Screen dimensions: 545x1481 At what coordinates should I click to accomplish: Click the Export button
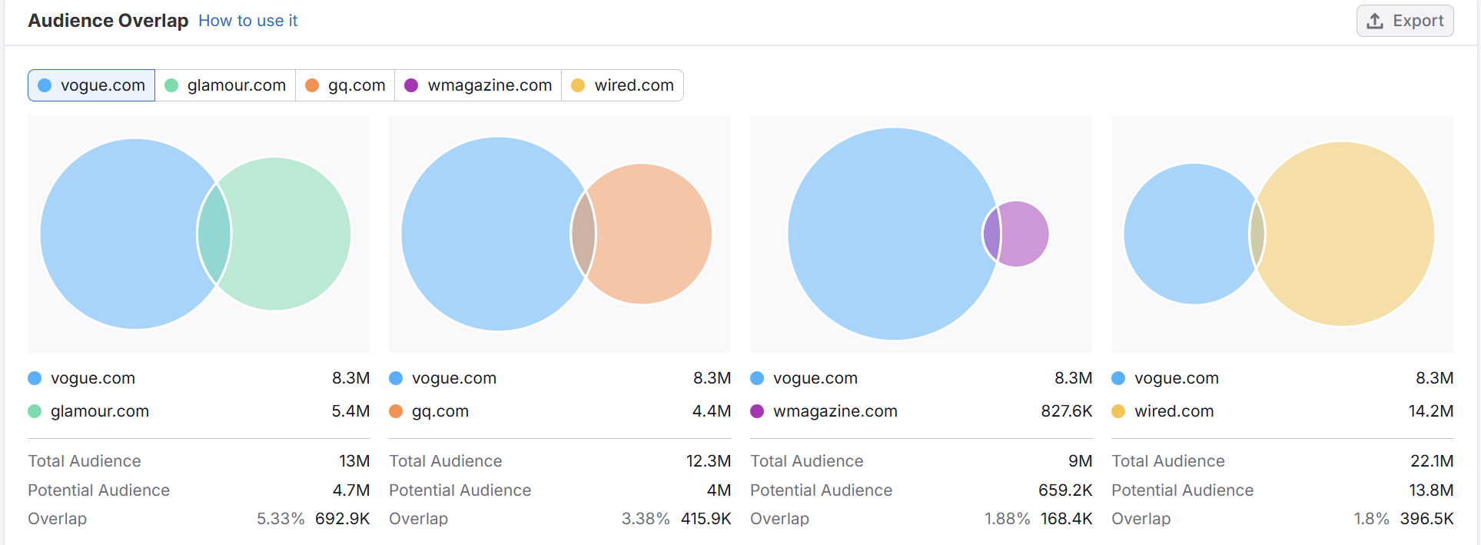(1405, 21)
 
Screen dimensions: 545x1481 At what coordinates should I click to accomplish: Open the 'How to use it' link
(247, 21)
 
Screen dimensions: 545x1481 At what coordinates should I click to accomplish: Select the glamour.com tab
(226, 85)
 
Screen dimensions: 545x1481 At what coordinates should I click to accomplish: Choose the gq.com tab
(346, 85)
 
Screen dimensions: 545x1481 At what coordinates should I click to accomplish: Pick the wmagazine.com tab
(478, 85)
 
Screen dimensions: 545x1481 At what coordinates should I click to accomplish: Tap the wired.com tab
(623, 85)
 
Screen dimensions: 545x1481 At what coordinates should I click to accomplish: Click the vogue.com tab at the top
(91, 85)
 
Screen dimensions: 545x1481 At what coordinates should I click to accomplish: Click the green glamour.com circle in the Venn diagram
(292, 234)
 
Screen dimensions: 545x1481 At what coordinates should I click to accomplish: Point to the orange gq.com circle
(653, 234)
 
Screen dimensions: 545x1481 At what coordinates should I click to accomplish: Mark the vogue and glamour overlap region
(214, 234)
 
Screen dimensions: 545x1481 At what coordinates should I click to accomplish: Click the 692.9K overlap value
(342, 519)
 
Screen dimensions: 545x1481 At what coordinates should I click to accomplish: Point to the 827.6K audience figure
(1066, 411)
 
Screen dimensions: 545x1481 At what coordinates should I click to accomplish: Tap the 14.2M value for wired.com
(1430, 411)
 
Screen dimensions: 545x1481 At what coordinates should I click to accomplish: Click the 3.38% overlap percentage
(645, 519)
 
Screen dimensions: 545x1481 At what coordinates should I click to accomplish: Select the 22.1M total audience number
(1431, 461)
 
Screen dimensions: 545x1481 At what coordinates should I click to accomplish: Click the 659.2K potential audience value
(1064, 490)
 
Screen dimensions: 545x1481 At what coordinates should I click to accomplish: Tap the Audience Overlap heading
(108, 21)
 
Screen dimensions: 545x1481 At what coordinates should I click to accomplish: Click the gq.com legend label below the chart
(440, 411)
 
